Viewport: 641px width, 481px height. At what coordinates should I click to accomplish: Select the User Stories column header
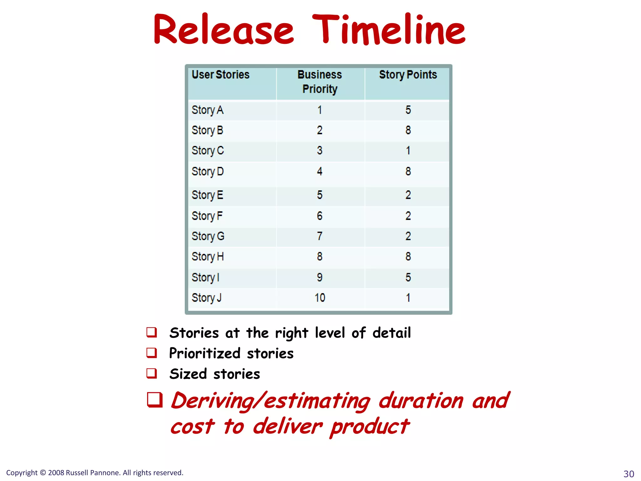click(x=220, y=75)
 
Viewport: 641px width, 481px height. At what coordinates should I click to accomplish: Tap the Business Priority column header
click(x=320, y=82)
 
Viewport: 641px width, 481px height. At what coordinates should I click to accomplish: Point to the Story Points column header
click(x=408, y=75)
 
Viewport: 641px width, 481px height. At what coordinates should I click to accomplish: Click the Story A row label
click(x=208, y=110)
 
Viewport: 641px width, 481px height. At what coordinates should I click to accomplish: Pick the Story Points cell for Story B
click(x=408, y=130)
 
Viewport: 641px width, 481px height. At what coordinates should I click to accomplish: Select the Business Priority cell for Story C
click(x=319, y=150)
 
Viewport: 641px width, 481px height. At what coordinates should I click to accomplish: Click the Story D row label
click(x=208, y=171)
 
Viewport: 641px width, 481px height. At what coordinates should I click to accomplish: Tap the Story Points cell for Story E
click(x=408, y=195)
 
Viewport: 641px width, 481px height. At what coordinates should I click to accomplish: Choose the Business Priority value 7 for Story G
click(x=319, y=236)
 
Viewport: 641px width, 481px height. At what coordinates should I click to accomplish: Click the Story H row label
click(x=208, y=256)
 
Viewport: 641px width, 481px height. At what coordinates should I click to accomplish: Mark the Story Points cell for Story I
click(x=408, y=277)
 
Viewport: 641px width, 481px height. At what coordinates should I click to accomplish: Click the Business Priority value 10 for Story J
click(x=320, y=297)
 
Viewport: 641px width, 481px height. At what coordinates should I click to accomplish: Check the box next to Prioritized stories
click(x=152, y=353)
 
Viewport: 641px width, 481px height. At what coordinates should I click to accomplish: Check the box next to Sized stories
click(x=152, y=373)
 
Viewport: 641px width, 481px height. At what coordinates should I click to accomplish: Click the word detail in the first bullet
click(x=391, y=333)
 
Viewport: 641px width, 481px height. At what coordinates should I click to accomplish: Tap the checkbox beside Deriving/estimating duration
click(x=155, y=400)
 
